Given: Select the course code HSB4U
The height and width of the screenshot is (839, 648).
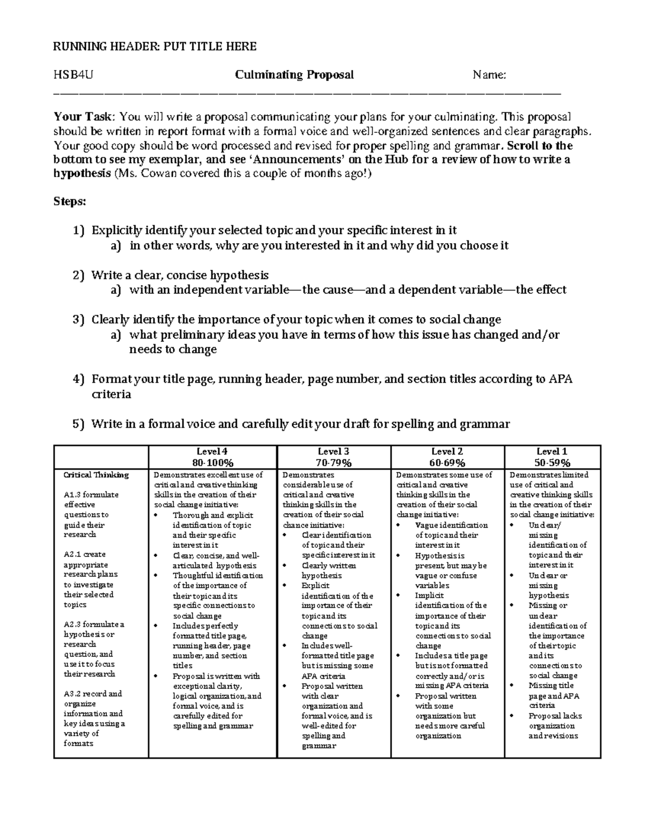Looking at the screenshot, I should [x=73, y=75].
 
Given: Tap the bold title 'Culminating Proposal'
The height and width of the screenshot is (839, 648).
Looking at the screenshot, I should [x=294, y=75].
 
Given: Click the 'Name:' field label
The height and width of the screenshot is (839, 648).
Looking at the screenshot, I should [x=489, y=75].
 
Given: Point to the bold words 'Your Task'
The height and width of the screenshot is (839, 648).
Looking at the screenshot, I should [x=83, y=117].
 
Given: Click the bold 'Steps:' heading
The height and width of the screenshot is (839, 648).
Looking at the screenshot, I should [x=69, y=202].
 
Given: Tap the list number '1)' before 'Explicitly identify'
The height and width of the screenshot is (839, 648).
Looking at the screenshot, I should [x=79, y=231].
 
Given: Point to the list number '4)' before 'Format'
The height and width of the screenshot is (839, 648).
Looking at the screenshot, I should [x=79, y=379].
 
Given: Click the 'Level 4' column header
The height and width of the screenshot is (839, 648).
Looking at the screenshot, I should [x=212, y=452].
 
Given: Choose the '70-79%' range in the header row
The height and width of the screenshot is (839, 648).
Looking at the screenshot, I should [x=333, y=462].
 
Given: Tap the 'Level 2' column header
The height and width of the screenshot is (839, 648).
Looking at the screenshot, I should [x=447, y=452].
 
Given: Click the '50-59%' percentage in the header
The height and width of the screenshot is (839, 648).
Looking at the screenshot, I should [x=552, y=462].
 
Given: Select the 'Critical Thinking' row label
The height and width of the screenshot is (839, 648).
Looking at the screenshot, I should [x=96, y=475].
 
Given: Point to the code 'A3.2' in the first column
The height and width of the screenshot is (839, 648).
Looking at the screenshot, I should [x=72, y=694].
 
